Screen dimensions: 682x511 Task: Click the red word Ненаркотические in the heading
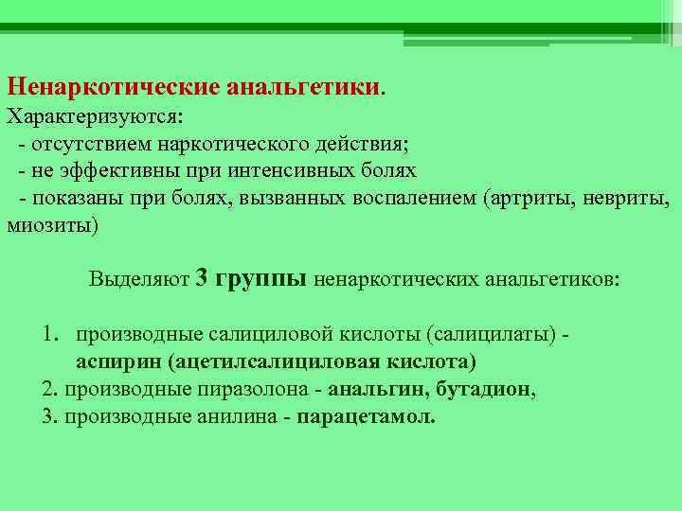[x=113, y=86]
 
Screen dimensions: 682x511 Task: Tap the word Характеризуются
[x=92, y=117]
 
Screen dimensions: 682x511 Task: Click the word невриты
[x=624, y=199]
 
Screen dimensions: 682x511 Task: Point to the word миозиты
[x=49, y=227]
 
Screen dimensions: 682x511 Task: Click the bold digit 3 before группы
[x=201, y=278]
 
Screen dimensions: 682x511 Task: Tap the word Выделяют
[x=139, y=279]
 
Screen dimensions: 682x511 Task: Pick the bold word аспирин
[x=118, y=362]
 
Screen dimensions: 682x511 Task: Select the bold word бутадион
[x=482, y=389]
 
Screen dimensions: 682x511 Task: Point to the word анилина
[x=237, y=416]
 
